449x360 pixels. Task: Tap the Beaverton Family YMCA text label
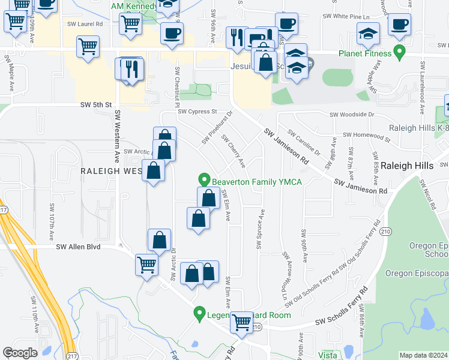pos(256,181)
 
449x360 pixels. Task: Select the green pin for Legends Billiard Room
pos(199,313)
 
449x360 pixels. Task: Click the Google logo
pos(20,353)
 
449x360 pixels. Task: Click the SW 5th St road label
pos(96,104)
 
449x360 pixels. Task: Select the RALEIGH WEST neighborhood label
pos(111,170)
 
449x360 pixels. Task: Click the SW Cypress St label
pos(197,112)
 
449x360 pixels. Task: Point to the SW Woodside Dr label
pos(352,115)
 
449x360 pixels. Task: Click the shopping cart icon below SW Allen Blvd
pos(146,265)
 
